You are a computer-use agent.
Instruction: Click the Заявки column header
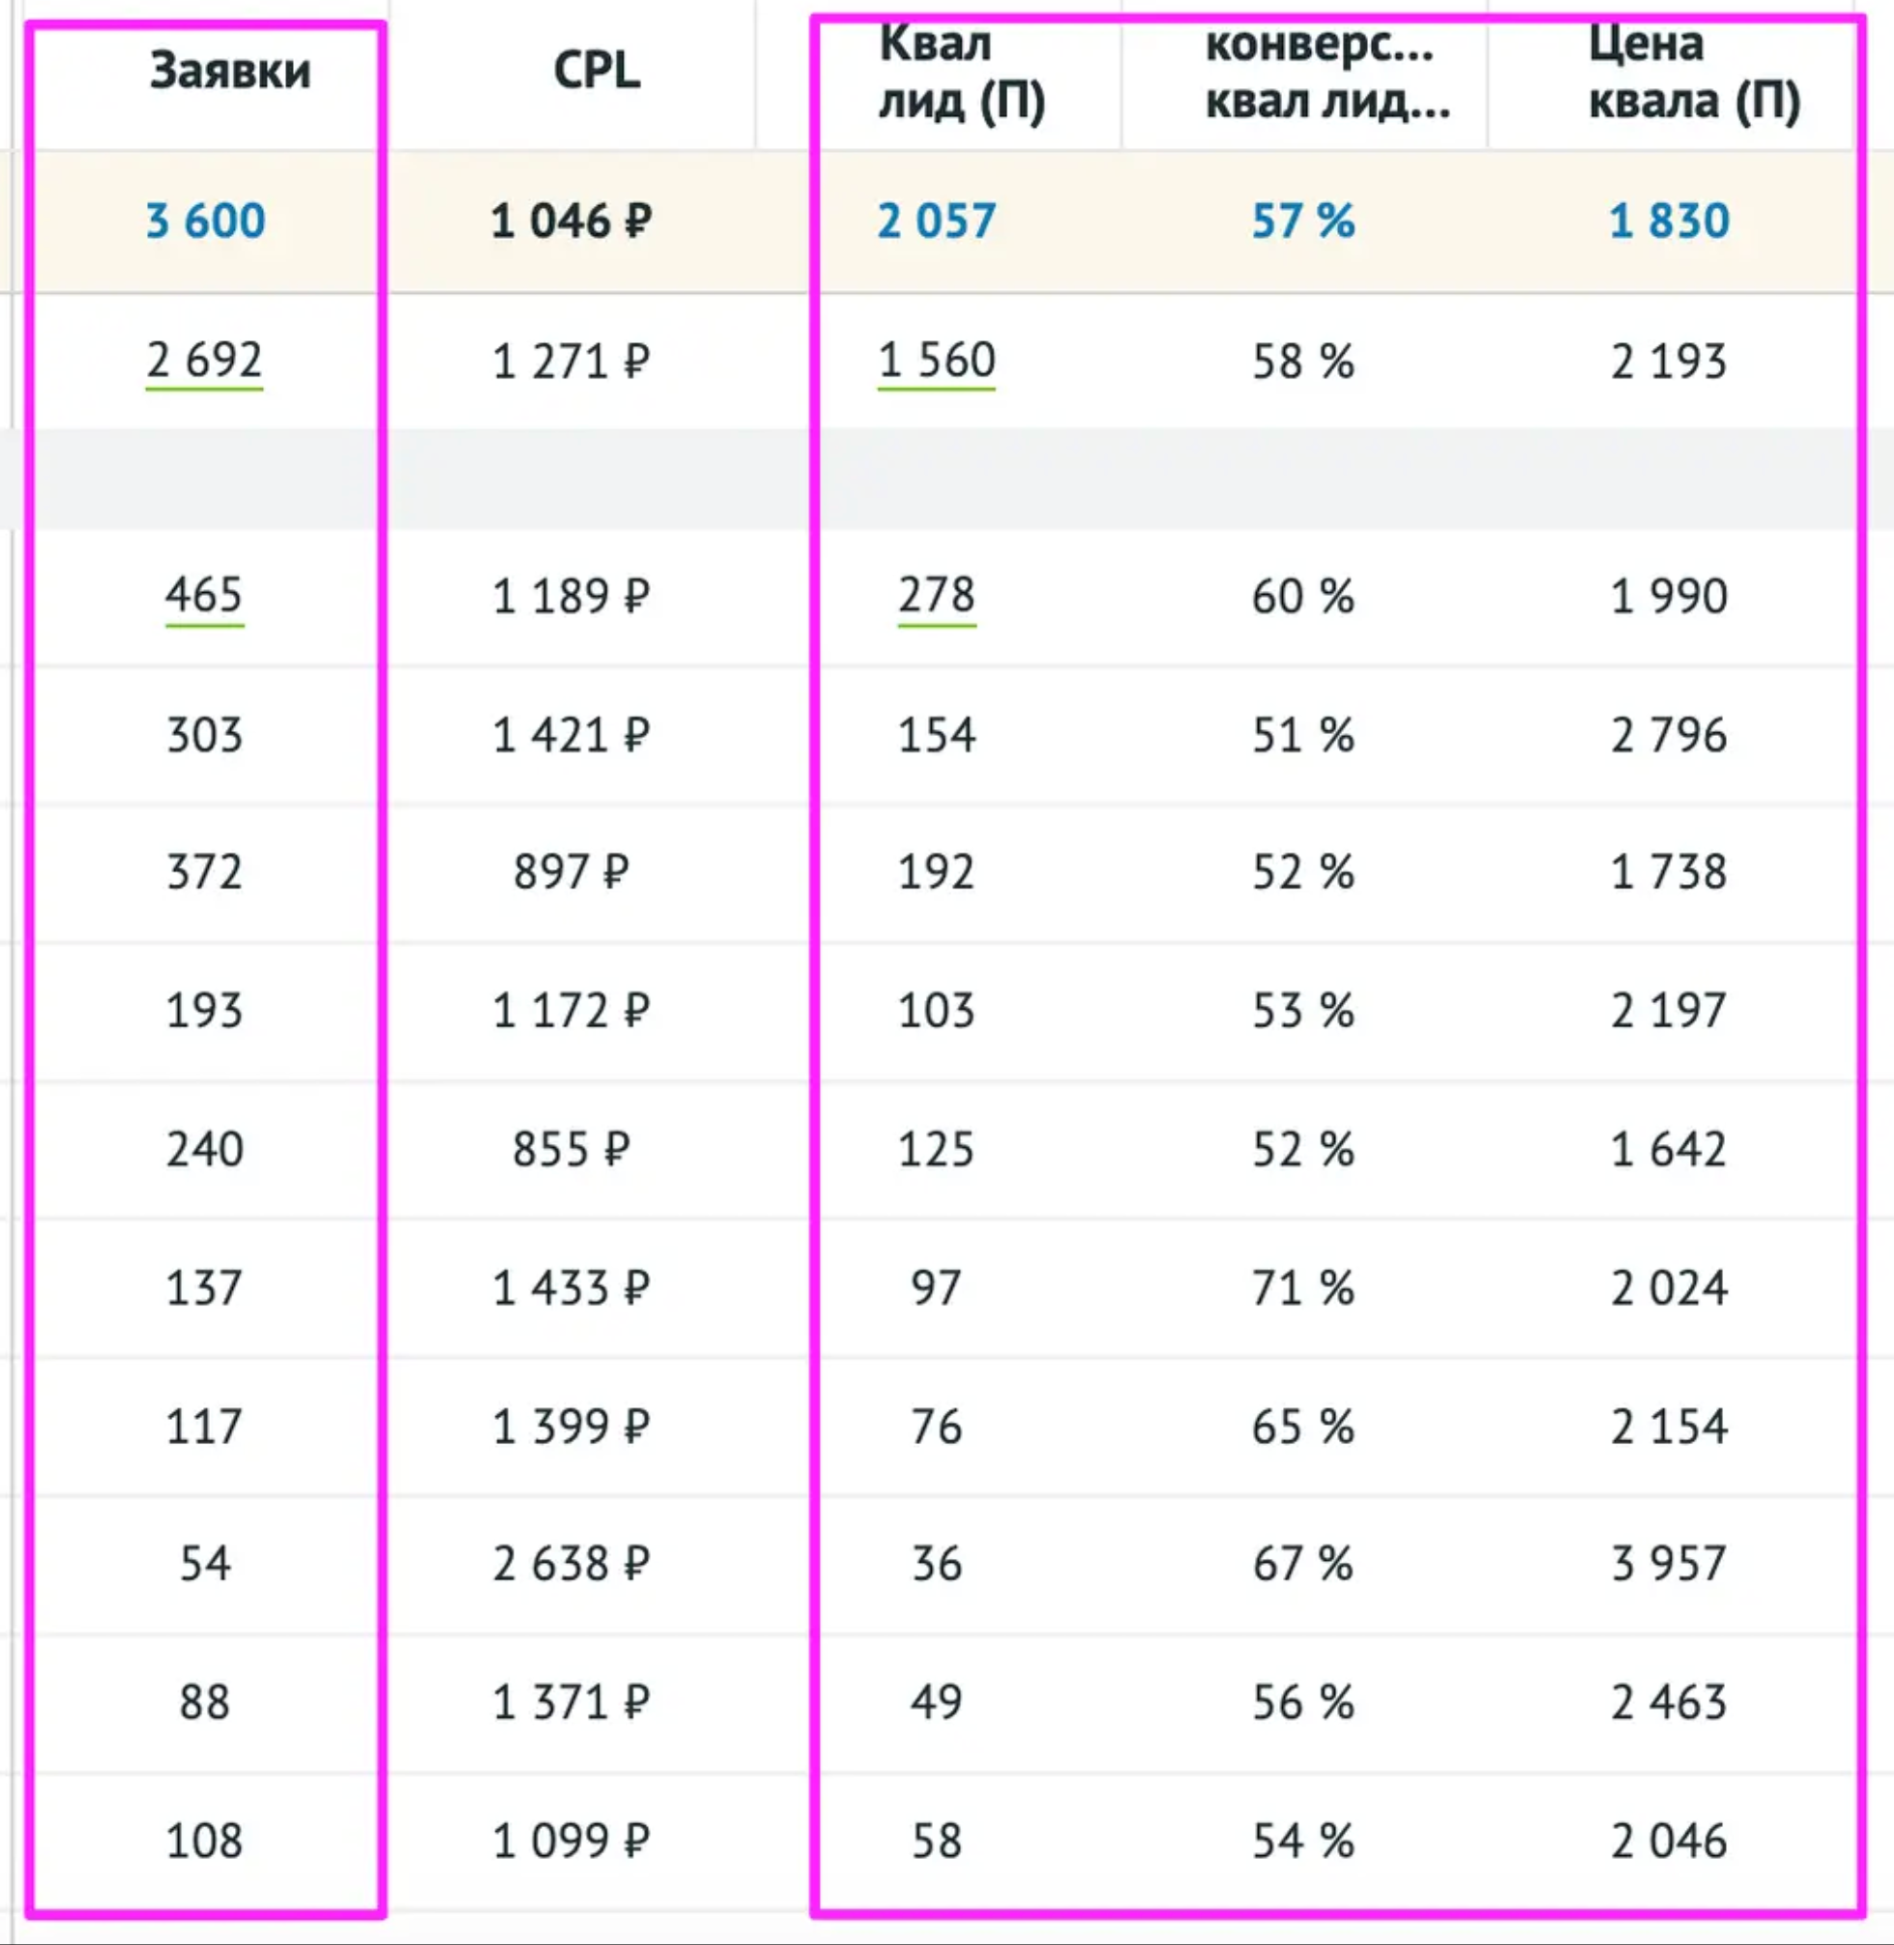point(230,72)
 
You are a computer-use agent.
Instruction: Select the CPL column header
point(596,72)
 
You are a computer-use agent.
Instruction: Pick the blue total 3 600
point(206,221)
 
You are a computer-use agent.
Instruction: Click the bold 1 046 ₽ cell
point(571,221)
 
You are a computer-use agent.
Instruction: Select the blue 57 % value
point(1303,221)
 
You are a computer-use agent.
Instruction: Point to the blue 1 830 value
point(1669,221)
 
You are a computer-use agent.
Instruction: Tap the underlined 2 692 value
point(204,360)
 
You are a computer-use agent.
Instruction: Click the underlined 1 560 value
point(936,360)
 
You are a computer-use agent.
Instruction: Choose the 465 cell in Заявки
point(204,596)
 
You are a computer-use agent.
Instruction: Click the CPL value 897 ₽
point(571,872)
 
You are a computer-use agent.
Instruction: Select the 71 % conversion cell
point(1303,1288)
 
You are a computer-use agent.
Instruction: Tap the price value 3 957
point(1669,1564)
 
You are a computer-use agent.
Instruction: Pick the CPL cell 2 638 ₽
point(571,1564)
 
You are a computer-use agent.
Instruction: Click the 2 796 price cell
point(1669,735)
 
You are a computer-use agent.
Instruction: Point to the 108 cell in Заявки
point(204,1841)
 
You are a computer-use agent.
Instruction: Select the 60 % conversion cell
point(1303,596)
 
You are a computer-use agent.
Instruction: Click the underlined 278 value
point(936,596)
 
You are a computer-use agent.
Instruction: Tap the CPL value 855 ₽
point(571,1150)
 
